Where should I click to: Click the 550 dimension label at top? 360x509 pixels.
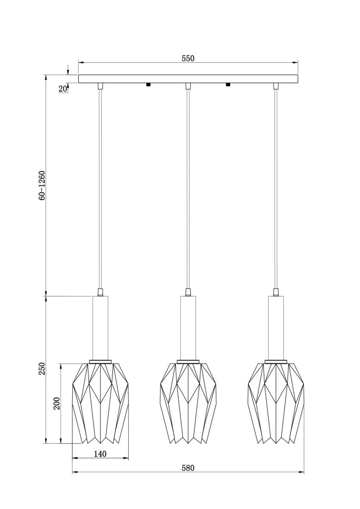(188, 59)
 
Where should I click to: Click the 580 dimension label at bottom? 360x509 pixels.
(188, 468)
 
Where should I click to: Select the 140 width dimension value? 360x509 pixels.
(100, 454)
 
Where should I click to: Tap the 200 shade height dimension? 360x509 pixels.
(57, 403)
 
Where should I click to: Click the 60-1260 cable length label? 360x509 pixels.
(42, 185)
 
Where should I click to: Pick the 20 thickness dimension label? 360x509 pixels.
(62, 89)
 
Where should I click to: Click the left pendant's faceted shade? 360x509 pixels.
(100, 403)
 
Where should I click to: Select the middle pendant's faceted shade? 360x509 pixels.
(188, 403)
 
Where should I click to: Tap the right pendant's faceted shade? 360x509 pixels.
(276, 403)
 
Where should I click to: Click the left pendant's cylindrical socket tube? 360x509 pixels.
(100, 327)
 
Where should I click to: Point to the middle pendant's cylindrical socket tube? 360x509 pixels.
(188, 327)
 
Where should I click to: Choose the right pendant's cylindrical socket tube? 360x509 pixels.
(276, 327)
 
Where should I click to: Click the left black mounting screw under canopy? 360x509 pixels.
(148, 84)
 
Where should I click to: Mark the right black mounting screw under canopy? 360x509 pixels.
(228, 84)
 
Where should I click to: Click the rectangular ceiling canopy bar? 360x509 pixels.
(188, 79)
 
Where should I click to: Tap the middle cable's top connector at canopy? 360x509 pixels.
(188, 87)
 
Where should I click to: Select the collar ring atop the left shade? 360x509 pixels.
(100, 361)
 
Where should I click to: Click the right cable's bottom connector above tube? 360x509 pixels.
(276, 292)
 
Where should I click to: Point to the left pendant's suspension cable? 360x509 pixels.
(100, 187)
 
